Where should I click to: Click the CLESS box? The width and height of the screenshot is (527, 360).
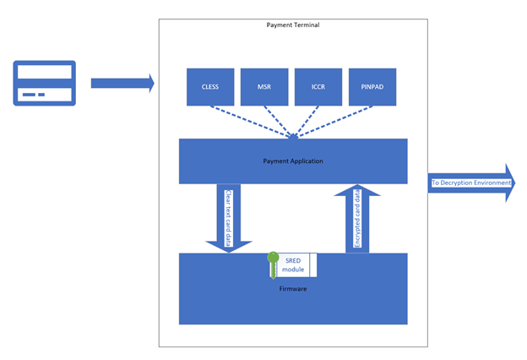point(210,87)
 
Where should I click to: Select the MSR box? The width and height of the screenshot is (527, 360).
point(264,87)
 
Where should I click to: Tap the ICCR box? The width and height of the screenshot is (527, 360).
point(318,87)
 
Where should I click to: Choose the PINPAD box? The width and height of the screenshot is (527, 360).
point(372,87)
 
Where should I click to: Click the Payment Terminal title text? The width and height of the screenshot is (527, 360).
point(293,25)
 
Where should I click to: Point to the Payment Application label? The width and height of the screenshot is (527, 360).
point(293,161)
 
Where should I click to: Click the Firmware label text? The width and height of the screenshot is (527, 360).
point(293,289)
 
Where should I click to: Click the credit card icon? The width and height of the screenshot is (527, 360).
point(45,83)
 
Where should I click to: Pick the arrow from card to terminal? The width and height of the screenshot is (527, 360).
point(122,83)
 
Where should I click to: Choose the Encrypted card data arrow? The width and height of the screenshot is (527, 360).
point(357,221)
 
